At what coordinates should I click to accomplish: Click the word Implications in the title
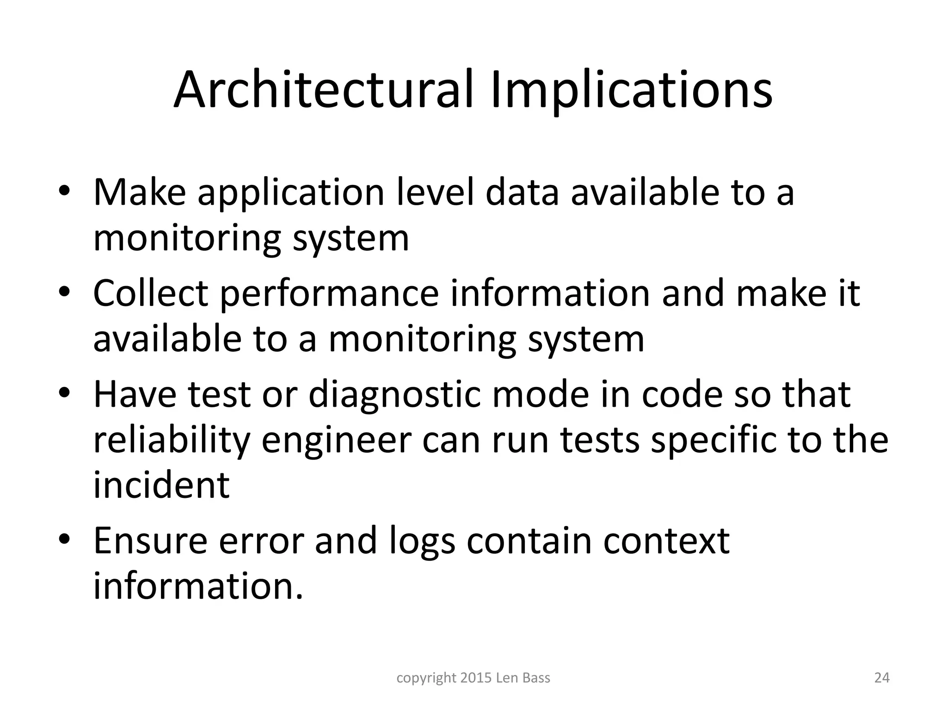631,91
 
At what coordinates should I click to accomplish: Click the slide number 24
882,678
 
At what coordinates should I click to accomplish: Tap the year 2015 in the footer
476,678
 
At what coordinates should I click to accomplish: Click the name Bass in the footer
536,678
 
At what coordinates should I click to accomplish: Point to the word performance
329,294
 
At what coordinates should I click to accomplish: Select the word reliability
172,441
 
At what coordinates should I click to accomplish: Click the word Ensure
150,540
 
